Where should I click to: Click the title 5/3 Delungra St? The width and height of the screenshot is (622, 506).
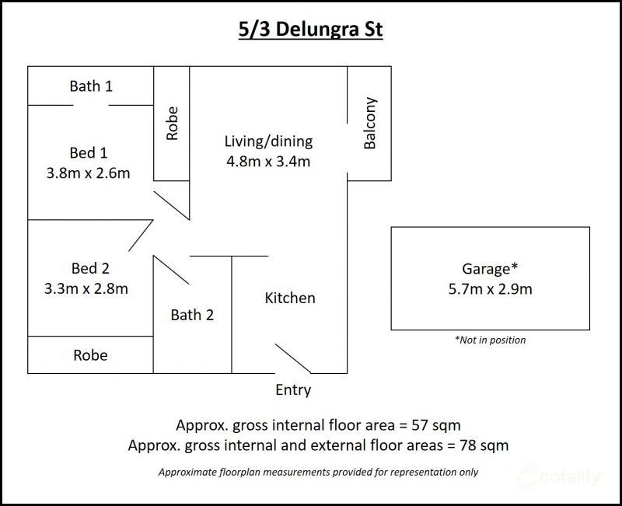pyautogui.click(x=310, y=30)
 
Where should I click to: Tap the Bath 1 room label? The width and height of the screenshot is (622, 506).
pyautogui.click(x=91, y=86)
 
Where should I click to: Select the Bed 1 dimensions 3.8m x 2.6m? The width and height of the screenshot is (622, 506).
pyautogui.click(x=88, y=173)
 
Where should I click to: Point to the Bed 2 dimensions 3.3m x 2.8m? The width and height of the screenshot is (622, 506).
pyautogui.click(x=86, y=288)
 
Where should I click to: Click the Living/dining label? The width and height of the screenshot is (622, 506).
pyautogui.click(x=268, y=141)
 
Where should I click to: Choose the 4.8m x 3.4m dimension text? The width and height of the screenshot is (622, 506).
pyautogui.click(x=268, y=162)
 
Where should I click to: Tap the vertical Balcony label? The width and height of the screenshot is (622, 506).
pyautogui.click(x=370, y=123)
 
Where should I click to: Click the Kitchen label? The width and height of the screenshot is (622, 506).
pyautogui.click(x=290, y=298)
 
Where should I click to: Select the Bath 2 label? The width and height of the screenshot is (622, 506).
pyautogui.click(x=192, y=315)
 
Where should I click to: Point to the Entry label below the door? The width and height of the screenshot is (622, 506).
pyautogui.click(x=293, y=390)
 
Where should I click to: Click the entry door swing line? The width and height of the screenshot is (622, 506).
pyautogui.click(x=293, y=358)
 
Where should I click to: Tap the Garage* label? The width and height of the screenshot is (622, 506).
pyautogui.click(x=490, y=269)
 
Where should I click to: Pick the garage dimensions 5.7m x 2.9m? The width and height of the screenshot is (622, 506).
pyautogui.click(x=491, y=288)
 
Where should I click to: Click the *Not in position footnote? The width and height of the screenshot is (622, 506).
pyautogui.click(x=491, y=340)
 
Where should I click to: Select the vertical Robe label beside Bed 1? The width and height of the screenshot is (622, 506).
pyautogui.click(x=172, y=124)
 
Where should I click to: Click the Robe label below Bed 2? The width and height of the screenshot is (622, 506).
pyautogui.click(x=90, y=355)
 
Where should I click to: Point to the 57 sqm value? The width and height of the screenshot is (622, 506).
pyautogui.click(x=436, y=425)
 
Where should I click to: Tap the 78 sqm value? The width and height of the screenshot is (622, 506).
pyautogui.click(x=484, y=445)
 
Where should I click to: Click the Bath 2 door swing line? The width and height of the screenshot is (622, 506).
pyautogui.click(x=171, y=270)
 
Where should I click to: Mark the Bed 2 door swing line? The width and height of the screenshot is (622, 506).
pyautogui.click(x=141, y=236)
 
